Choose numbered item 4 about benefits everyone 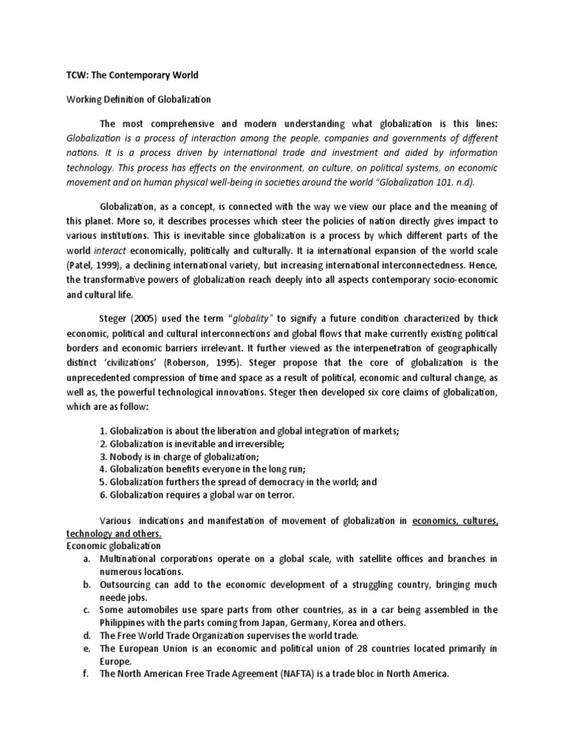[x=202, y=468]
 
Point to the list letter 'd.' [x=87, y=635]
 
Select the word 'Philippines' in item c [x=126, y=622]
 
